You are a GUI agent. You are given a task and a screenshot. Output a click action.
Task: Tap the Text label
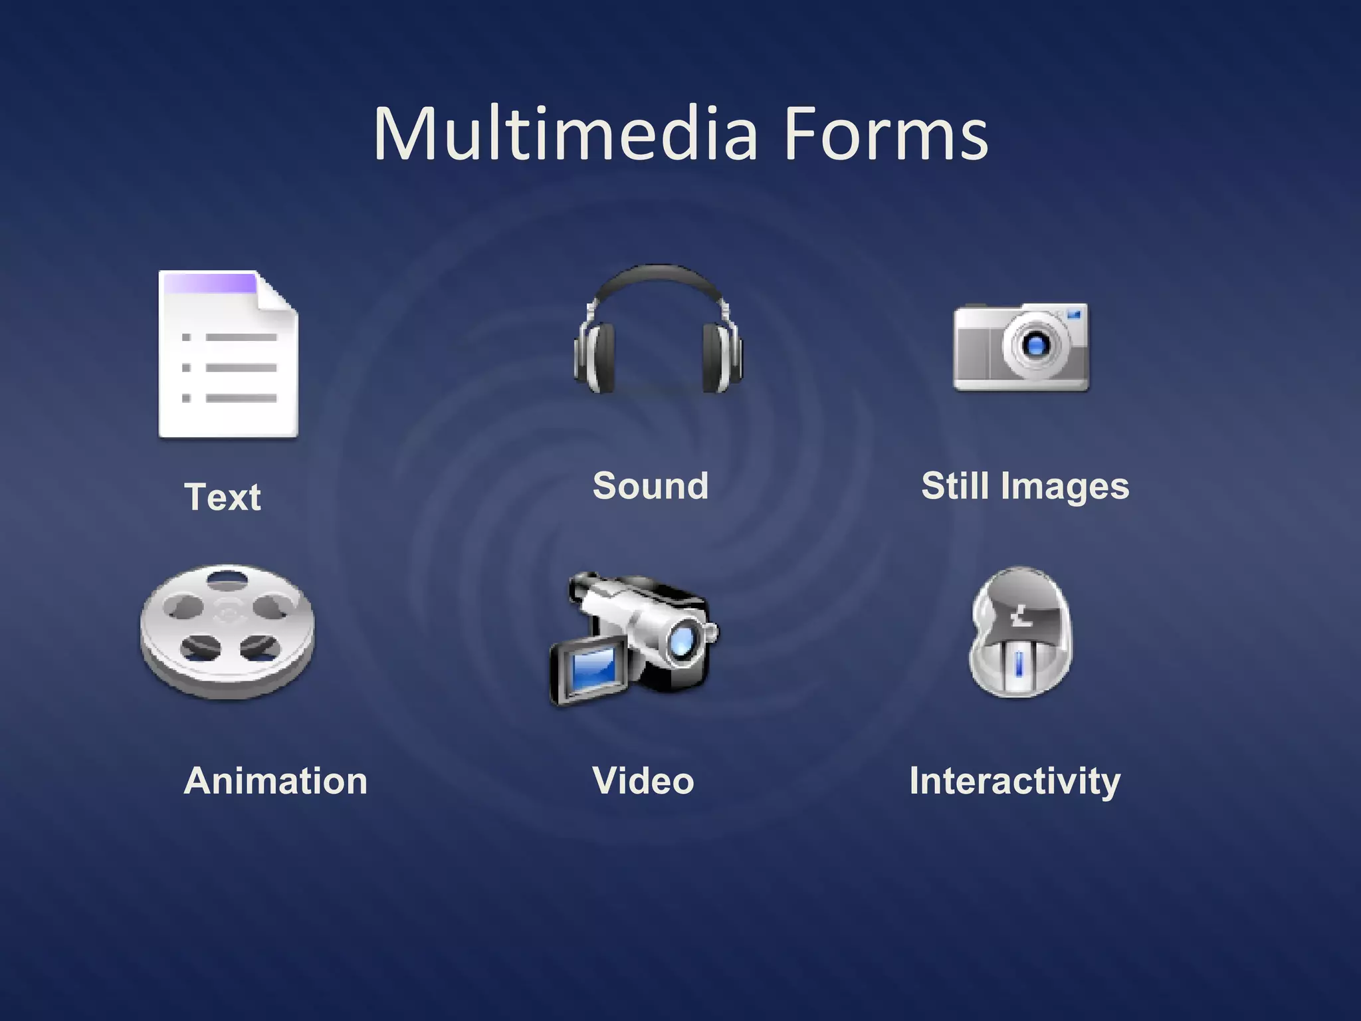[223, 497]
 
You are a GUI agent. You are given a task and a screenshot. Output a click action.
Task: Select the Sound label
[651, 485]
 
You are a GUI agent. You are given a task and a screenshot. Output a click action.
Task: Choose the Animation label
[275, 780]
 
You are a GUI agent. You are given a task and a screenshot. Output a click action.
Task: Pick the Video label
[643, 780]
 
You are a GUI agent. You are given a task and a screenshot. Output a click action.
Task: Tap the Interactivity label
[1015, 781]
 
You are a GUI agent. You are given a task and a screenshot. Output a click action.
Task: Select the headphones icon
[658, 329]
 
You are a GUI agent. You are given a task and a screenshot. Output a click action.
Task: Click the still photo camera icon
[1021, 347]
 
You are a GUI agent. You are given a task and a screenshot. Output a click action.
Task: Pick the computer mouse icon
[1020, 631]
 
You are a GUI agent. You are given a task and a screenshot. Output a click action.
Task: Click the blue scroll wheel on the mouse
[1019, 664]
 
